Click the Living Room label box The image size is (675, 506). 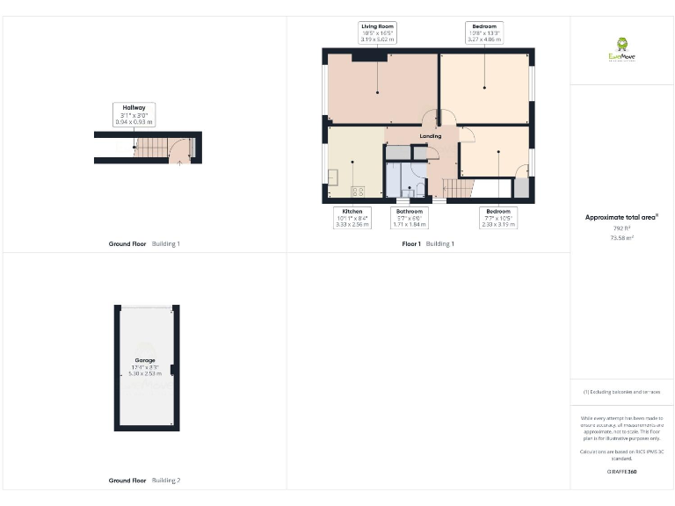(378, 33)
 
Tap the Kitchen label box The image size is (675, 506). (352, 218)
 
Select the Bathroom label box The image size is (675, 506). (410, 218)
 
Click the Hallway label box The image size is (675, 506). (134, 114)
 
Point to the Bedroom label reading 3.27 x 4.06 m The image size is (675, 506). (485, 33)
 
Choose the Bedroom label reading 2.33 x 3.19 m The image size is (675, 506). (497, 218)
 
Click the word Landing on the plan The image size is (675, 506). (431, 136)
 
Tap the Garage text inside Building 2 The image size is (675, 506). (145, 364)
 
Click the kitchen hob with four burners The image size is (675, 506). (359, 191)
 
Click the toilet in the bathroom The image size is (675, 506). (406, 192)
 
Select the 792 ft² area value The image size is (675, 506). (621, 228)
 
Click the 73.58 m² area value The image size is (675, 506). (621, 237)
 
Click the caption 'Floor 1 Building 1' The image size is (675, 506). (428, 243)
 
